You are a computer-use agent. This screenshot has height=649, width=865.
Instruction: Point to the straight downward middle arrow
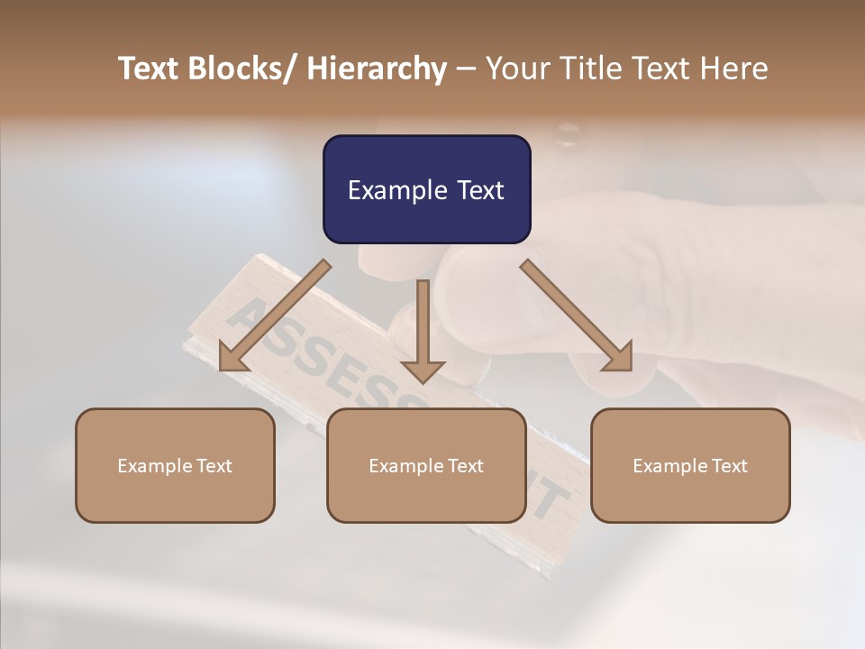pyautogui.click(x=423, y=329)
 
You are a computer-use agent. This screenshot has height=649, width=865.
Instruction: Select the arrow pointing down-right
pyautogui.click(x=578, y=316)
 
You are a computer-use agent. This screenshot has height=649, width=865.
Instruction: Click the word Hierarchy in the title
pyautogui.click(x=377, y=69)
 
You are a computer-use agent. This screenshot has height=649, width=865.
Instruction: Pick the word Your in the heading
pyautogui.click(x=516, y=69)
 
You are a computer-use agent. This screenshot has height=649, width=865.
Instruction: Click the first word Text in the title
pyautogui.click(x=150, y=69)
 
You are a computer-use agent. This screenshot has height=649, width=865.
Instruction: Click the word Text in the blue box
pyautogui.click(x=479, y=191)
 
